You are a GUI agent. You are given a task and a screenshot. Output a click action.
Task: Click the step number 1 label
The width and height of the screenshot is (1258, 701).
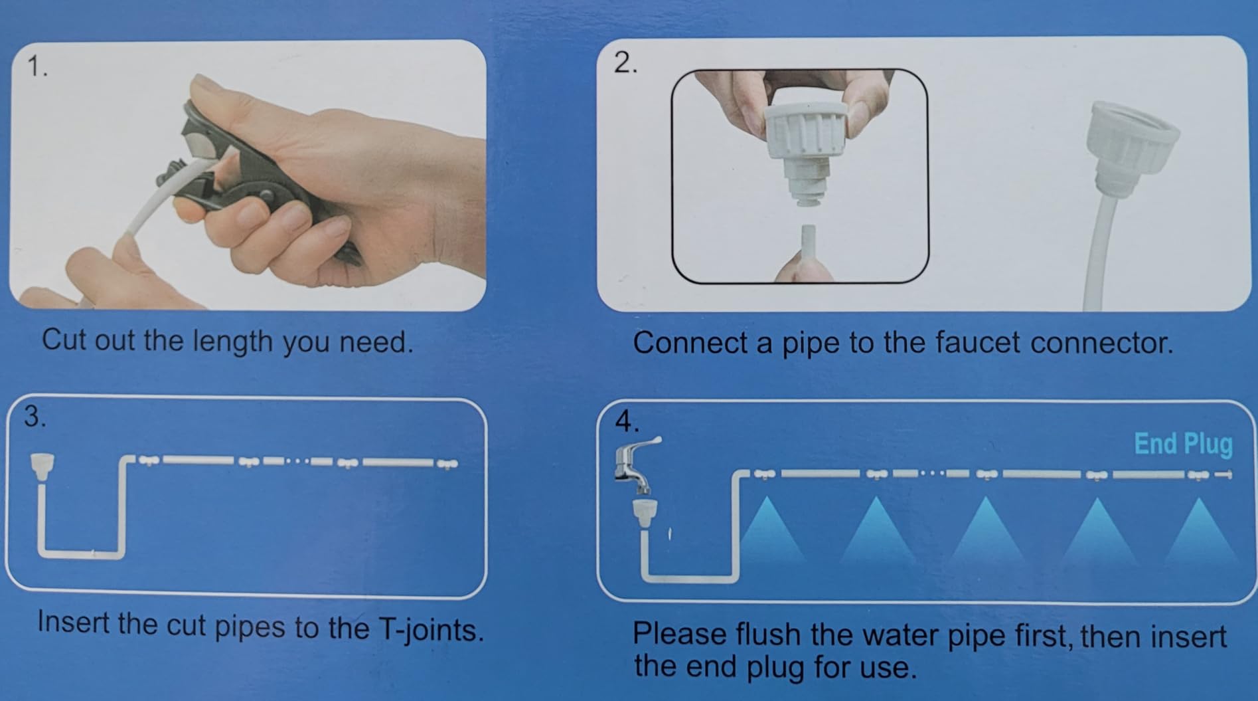[x=37, y=66]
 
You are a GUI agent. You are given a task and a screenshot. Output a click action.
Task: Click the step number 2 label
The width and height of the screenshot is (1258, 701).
[x=625, y=62]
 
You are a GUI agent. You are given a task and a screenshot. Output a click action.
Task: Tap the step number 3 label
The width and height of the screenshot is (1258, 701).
[x=35, y=417]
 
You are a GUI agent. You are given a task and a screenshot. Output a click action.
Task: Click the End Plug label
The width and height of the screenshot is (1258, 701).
[x=1183, y=445]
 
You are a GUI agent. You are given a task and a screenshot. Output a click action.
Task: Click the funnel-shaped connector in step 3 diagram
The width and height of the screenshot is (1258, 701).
[x=42, y=464]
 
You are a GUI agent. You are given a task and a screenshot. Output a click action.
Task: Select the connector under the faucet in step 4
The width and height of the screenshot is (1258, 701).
[x=641, y=513]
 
